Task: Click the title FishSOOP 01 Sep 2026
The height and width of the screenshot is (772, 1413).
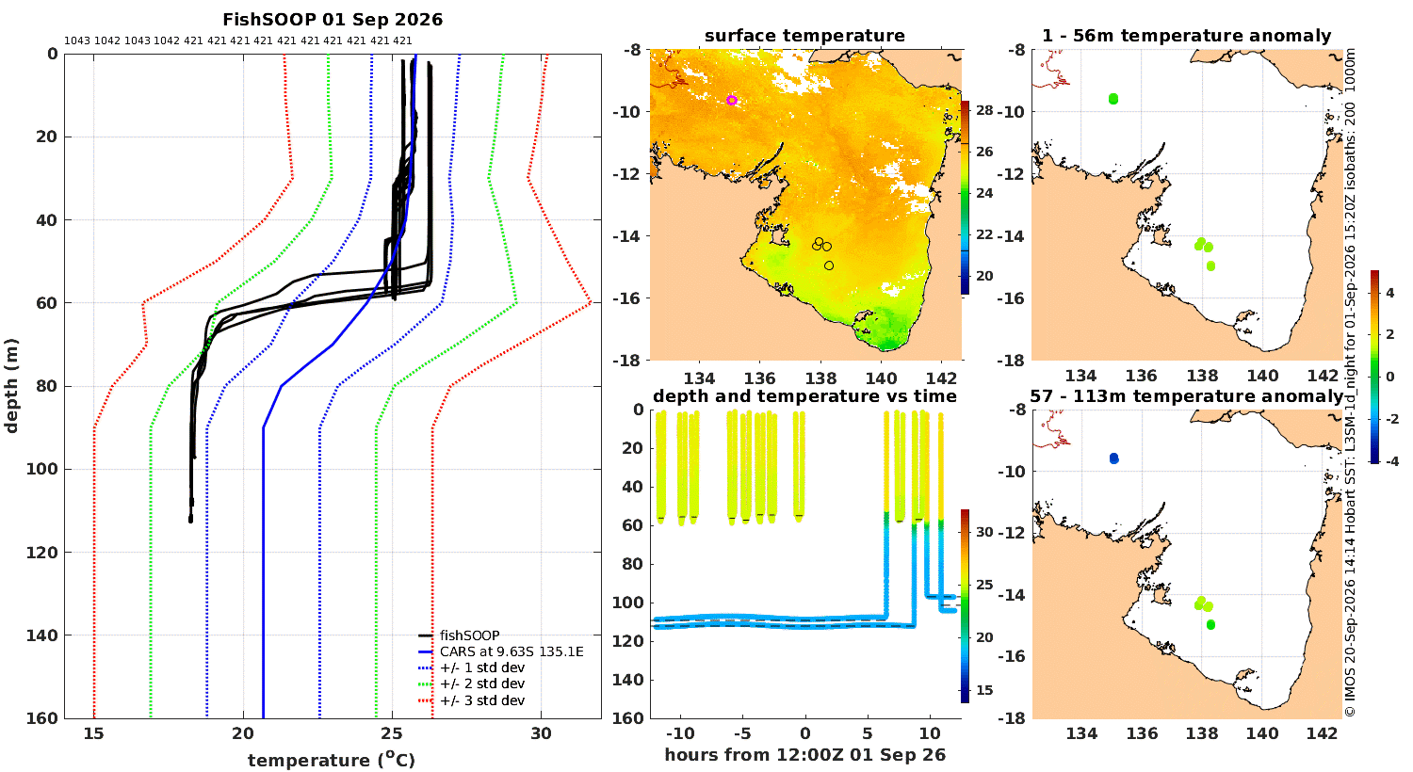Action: point(333,20)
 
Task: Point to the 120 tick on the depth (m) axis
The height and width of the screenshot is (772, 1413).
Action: point(41,553)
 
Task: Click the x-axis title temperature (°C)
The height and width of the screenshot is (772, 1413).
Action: point(332,760)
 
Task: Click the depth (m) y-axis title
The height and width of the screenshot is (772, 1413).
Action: point(11,386)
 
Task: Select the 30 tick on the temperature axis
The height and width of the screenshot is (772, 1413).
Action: point(542,733)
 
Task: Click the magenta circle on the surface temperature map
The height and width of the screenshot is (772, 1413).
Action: point(732,100)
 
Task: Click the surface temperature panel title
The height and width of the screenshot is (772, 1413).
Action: point(804,36)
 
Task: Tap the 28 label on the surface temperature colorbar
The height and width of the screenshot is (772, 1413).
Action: point(984,110)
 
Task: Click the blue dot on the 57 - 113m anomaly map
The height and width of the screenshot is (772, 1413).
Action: point(1114,458)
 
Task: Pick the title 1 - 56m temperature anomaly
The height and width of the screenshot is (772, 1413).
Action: point(1187,36)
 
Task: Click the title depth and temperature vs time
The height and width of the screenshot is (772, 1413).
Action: point(804,396)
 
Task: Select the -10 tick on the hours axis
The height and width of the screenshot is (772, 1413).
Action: point(680,734)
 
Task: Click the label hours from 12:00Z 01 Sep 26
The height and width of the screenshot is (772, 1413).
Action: point(804,755)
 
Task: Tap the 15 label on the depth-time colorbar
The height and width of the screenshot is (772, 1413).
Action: point(984,690)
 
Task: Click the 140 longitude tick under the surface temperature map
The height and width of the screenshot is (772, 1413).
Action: point(881,378)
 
